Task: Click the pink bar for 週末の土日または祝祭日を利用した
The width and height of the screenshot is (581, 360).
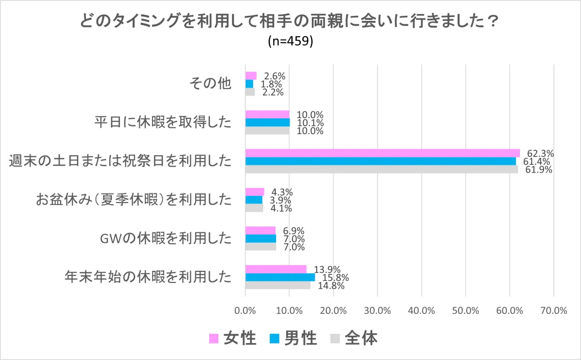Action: pos(382,153)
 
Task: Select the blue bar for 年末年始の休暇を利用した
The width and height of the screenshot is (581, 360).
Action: pos(280,277)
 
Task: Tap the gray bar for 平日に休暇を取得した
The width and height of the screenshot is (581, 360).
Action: pos(267,130)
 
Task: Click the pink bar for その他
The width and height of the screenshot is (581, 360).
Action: pos(251,76)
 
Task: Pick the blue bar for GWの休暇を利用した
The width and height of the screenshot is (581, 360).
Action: pos(260,238)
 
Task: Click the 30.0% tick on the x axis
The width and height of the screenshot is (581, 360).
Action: pos(377,311)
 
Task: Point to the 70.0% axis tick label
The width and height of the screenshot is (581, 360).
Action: pos(553,311)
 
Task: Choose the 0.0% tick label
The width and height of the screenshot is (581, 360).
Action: pos(245,311)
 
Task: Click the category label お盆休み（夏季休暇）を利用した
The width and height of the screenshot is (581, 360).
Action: pos(134,200)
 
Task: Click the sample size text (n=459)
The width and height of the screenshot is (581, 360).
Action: pos(290,42)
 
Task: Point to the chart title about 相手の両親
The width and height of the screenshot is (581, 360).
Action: pos(290,22)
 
